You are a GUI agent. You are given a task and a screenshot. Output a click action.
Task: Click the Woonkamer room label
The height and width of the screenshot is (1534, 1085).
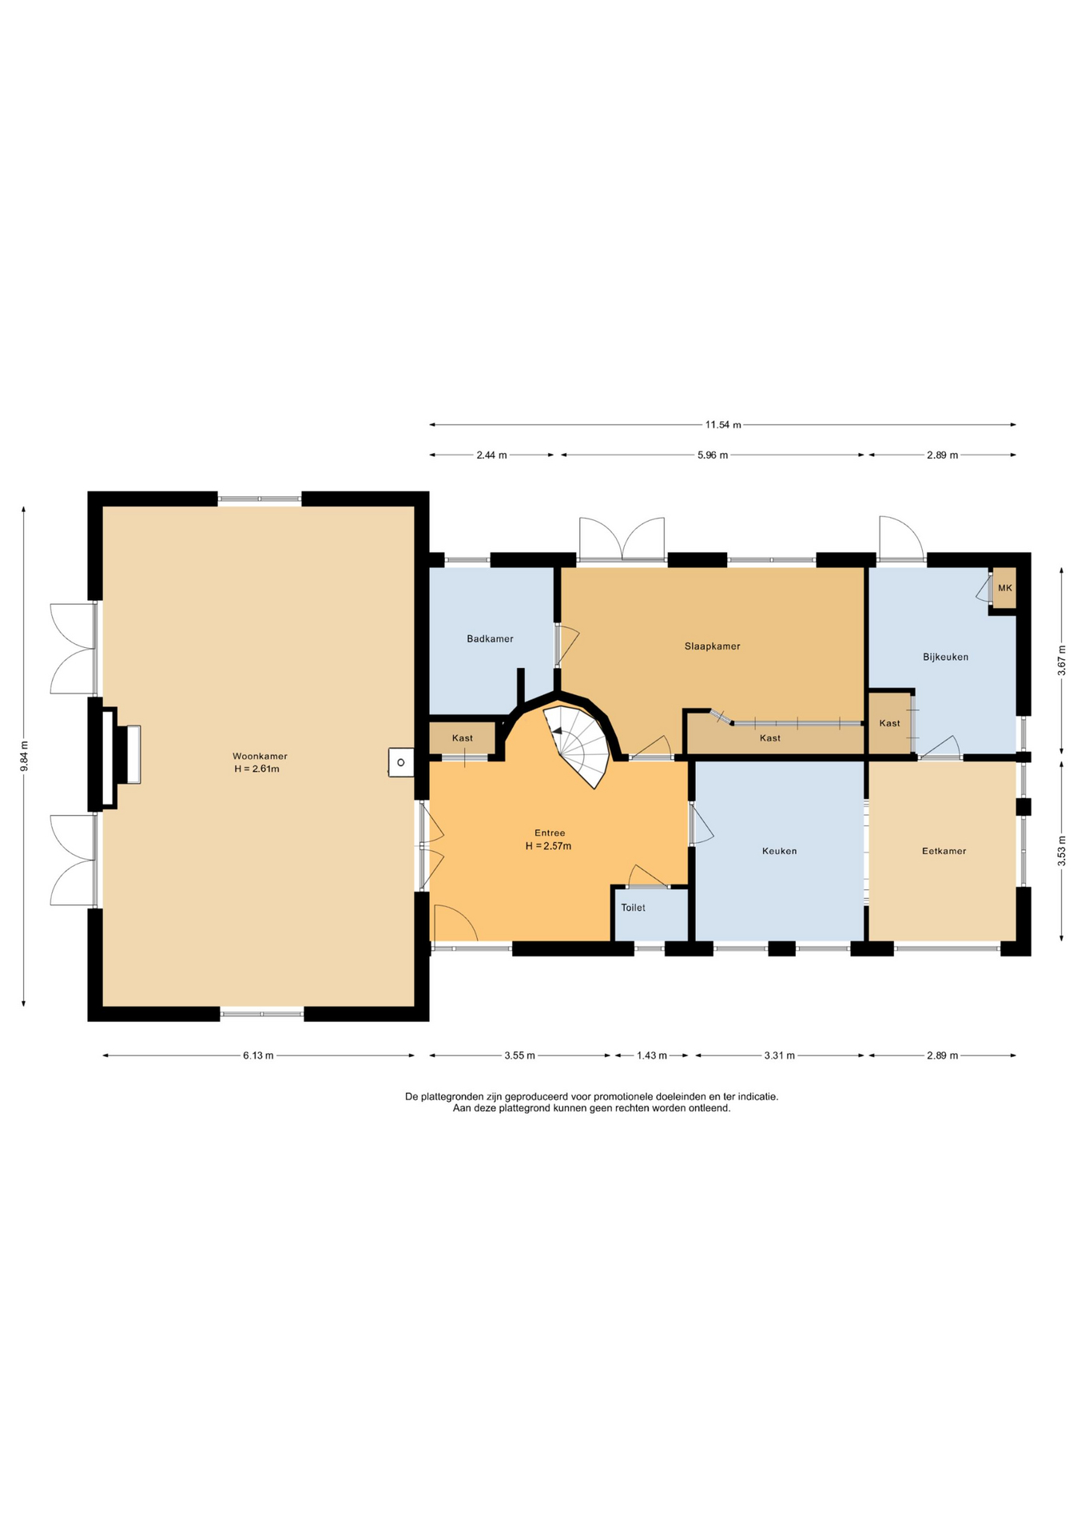point(260,756)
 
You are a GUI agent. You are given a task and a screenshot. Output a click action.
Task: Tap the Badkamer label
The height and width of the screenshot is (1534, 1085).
point(490,638)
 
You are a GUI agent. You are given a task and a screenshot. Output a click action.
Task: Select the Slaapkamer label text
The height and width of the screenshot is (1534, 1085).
point(712,646)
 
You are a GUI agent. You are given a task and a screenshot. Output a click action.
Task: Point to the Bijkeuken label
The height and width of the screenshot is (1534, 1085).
point(945,657)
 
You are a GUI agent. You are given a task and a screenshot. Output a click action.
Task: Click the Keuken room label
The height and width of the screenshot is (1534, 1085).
point(779,851)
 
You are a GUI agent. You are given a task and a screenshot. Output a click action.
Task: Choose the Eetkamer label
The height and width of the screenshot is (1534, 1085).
point(944,851)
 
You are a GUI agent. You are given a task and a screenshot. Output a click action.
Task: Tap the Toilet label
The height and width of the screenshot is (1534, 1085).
point(633,908)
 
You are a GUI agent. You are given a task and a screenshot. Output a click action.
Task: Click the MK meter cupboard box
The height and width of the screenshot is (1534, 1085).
point(1004,588)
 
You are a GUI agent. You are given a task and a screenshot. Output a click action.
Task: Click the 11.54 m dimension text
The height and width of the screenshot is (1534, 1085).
point(723,425)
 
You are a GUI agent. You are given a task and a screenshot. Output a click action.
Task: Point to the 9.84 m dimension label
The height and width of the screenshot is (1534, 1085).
point(24,756)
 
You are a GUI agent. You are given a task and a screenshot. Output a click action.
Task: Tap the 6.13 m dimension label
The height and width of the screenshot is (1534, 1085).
point(258,1055)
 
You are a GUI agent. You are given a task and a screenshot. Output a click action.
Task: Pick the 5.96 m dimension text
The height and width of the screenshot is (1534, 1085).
point(712,455)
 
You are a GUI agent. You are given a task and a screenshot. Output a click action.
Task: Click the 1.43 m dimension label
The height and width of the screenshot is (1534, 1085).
point(651,1055)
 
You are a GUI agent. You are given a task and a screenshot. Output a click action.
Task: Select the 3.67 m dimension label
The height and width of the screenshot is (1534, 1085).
point(1061,661)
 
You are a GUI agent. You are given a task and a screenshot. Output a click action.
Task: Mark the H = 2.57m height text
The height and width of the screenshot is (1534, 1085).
point(548,846)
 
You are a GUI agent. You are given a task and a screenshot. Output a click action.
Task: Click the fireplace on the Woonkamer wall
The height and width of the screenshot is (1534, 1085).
point(120,754)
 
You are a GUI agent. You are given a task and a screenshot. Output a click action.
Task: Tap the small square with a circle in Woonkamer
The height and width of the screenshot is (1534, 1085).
point(401,762)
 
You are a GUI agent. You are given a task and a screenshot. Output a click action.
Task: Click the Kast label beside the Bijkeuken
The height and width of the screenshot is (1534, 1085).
point(889,723)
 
